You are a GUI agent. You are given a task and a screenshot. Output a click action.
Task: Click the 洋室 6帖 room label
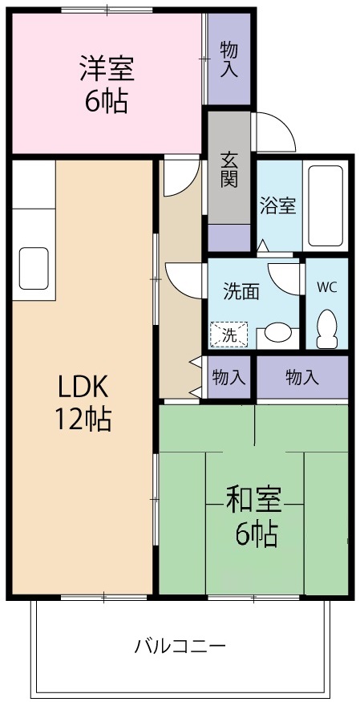tap(105, 84)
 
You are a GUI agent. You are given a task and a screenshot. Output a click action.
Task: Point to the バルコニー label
tap(180, 645)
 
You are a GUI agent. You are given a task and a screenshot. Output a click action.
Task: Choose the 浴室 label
tap(277, 205)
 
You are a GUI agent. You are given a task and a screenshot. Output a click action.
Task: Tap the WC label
tap(326, 286)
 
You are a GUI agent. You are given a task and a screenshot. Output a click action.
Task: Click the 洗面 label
tap(241, 292)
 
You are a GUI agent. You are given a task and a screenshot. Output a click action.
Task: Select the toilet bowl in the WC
tap(326, 329)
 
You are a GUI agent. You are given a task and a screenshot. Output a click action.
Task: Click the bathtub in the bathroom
tap(326, 207)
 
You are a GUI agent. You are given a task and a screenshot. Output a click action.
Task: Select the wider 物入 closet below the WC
tap(301, 376)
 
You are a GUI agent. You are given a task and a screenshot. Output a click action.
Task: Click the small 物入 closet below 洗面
tap(229, 376)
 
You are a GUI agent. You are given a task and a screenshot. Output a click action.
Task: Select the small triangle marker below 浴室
tap(263, 244)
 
